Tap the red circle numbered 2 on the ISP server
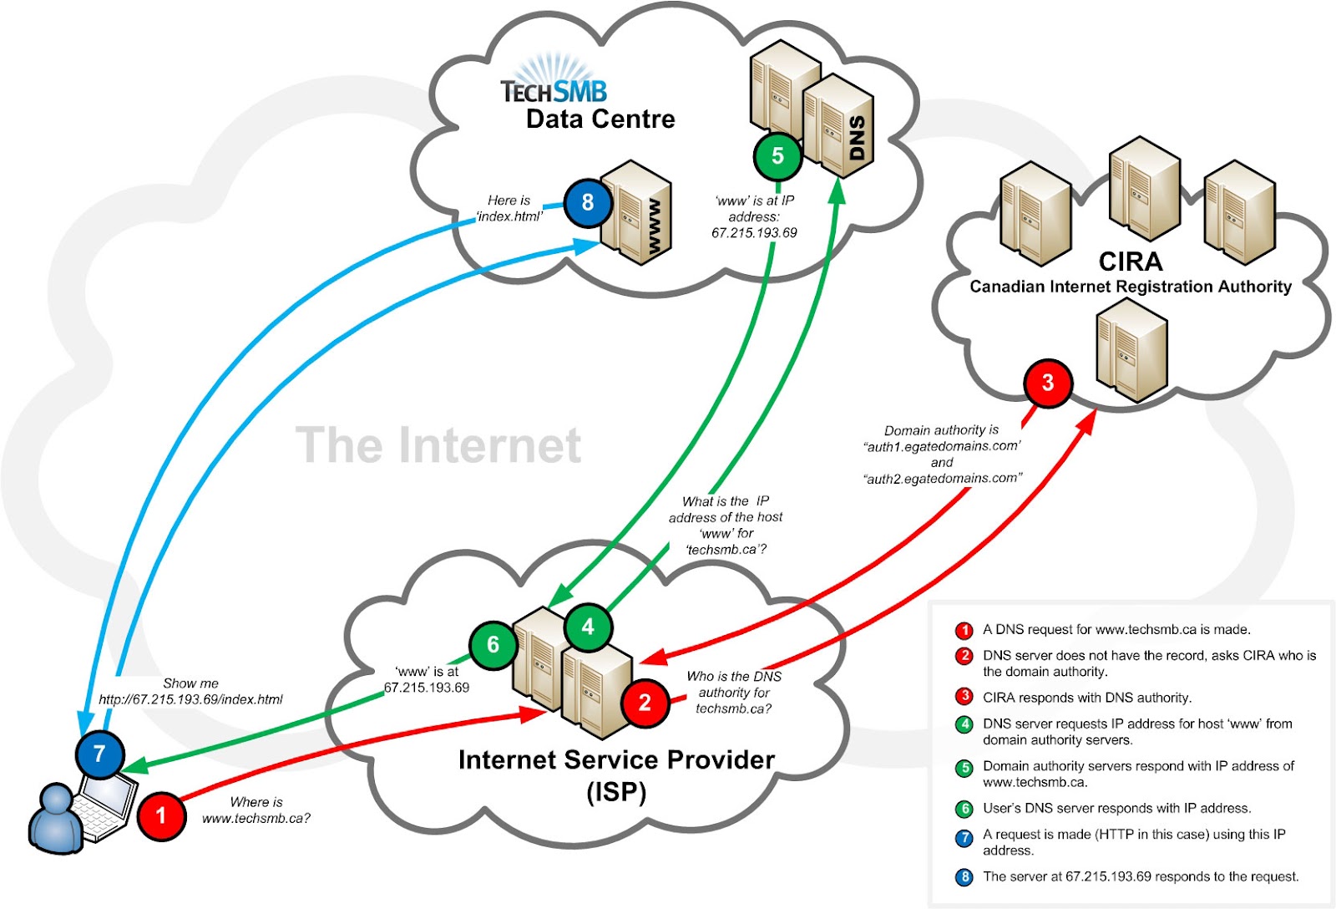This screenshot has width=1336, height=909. click(645, 703)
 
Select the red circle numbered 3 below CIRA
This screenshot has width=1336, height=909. click(1047, 383)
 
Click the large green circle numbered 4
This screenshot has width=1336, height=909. click(588, 627)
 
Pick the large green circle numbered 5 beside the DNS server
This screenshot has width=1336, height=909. click(777, 156)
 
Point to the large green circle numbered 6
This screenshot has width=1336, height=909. click(493, 645)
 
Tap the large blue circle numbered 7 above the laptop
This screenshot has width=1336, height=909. click(99, 754)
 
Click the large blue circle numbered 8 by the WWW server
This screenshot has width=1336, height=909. click(588, 202)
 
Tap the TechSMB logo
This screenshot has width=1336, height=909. click(554, 84)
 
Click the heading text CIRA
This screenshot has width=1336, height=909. click(1131, 262)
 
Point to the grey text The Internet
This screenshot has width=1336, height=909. click(438, 445)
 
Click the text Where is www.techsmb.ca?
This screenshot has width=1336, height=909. click(256, 810)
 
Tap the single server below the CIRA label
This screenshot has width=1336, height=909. click(1131, 351)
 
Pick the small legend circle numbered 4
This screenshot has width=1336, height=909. click(964, 724)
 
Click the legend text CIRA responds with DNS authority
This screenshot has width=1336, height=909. click(1086, 698)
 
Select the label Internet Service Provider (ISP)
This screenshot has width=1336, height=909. click(616, 774)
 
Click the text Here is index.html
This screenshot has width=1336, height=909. click(509, 208)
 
